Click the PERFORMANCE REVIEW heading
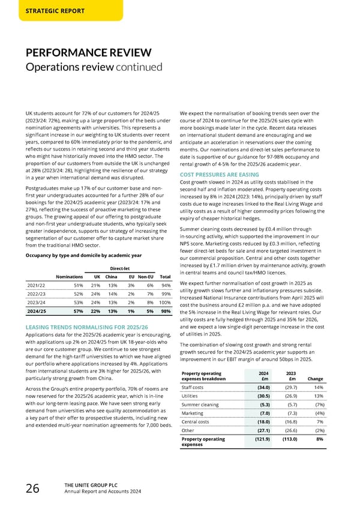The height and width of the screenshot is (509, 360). [88, 52]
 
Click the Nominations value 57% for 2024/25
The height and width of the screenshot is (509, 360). [77, 311]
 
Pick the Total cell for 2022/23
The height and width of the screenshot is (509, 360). [167, 294]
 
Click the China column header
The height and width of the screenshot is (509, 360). [110, 276]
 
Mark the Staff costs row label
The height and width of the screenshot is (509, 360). [193, 387]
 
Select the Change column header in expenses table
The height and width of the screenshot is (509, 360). [315, 378]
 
